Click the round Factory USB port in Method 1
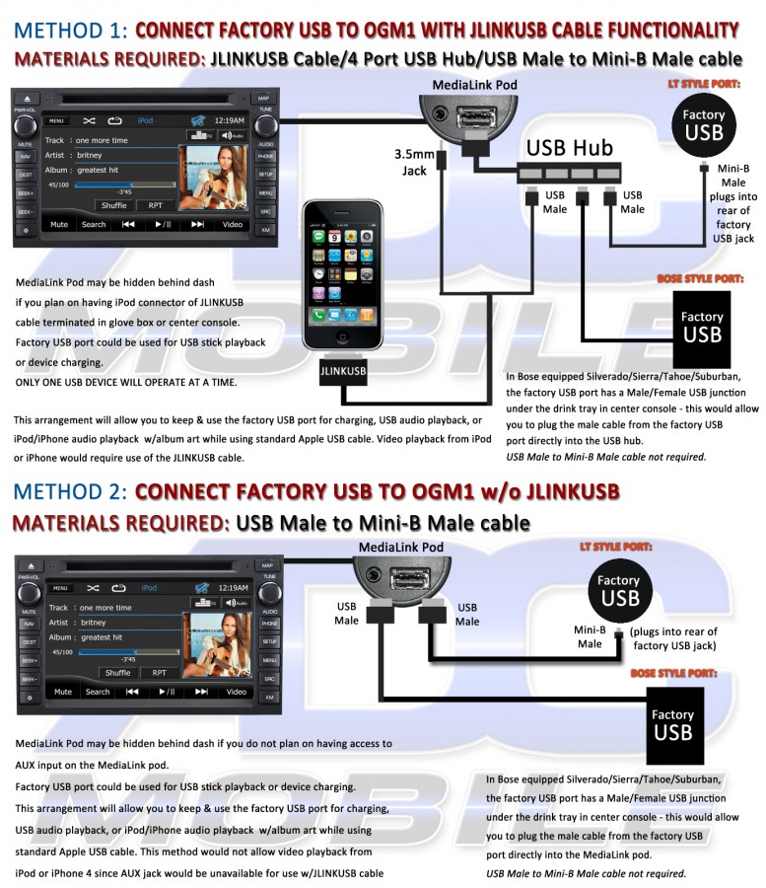tap(703, 124)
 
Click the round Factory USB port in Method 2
tap(619, 590)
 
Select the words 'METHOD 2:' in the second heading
tap(66, 491)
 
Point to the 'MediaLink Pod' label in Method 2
tap(400, 547)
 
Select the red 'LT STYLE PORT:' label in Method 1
tap(704, 84)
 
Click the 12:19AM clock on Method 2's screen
tap(234, 587)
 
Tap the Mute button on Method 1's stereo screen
tap(59, 224)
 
